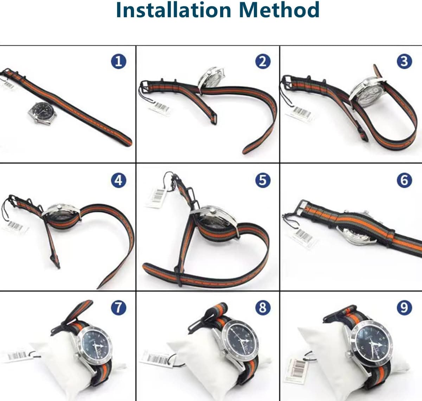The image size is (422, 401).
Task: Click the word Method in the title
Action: pyautogui.click(x=279, y=10)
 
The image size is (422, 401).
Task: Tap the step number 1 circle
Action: pyautogui.click(x=119, y=62)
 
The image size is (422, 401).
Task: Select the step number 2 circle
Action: pyautogui.click(x=263, y=62)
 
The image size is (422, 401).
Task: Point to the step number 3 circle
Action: pyautogui.click(x=404, y=62)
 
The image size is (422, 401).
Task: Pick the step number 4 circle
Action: pyautogui.click(x=119, y=180)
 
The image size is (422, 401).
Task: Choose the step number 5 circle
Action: pyautogui.click(x=263, y=180)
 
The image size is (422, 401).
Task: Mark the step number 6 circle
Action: pyautogui.click(x=404, y=180)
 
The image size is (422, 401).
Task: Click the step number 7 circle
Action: pyautogui.click(x=119, y=308)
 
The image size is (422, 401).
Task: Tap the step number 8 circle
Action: pyautogui.click(x=263, y=308)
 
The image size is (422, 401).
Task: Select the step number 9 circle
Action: pyautogui.click(x=404, y=308)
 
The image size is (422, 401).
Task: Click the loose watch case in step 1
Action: pyautogui.click(x=43, y=113)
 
